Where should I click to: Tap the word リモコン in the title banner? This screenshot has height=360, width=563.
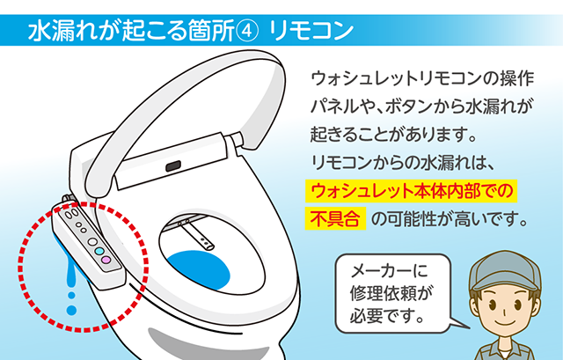pyautogui.click(x=311, y=30)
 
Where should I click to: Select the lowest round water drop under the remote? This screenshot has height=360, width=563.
pyautogui.click(x=73, y=310)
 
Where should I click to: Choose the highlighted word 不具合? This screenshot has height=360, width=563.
pyautogui.click(x=334, y=218)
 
